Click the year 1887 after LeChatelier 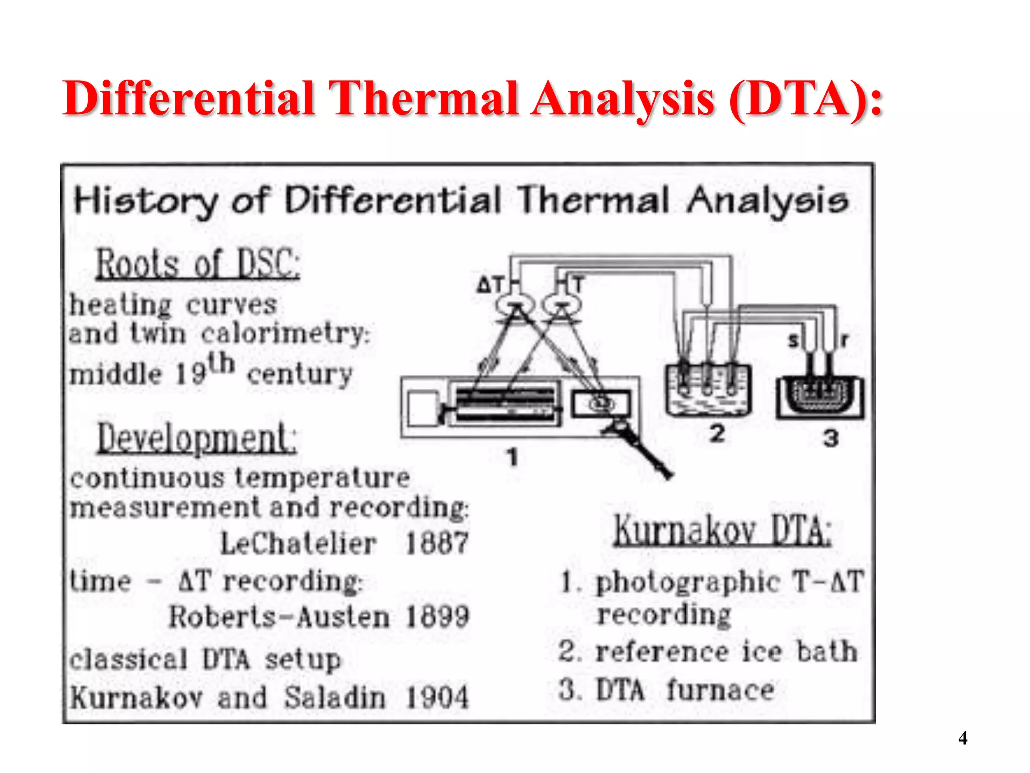[437, 544]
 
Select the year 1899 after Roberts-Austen [437, 616]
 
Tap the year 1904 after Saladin [437, 698]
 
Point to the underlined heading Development [197, 438]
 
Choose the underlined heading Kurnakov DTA [722, 530]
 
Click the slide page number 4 [963, 738]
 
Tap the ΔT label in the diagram [490, 285]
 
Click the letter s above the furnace [793, 341]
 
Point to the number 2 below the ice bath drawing [717, 433]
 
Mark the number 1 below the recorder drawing [512, 457]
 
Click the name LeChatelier [298, 544]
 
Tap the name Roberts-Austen [279, 617]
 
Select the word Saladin [335, 698]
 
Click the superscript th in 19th [222, 363]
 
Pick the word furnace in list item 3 [720, 690]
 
